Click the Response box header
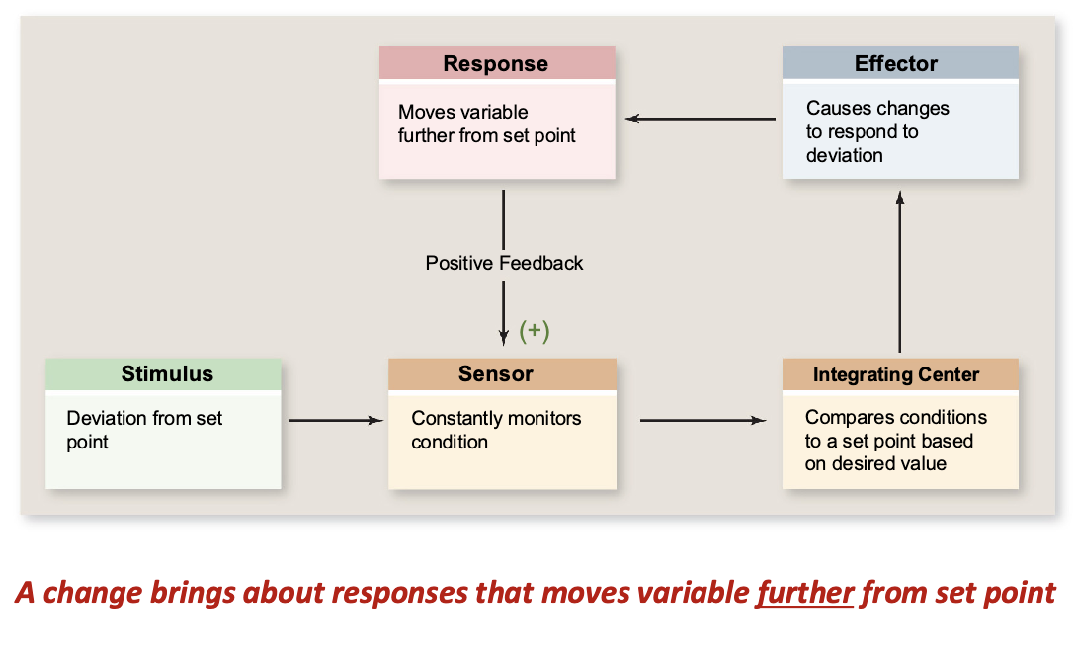point(496,64)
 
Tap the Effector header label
point(896,64)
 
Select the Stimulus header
point(167,373)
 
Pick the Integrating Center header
point(896,374)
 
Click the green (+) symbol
point(535,331)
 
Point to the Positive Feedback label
point(504,263)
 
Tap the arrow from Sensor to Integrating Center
point(703,421)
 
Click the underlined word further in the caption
point(805,593)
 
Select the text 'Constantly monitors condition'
point(496,430)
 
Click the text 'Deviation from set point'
point(144,430)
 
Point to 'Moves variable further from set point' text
point(486,123)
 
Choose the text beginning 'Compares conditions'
point(895,441)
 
